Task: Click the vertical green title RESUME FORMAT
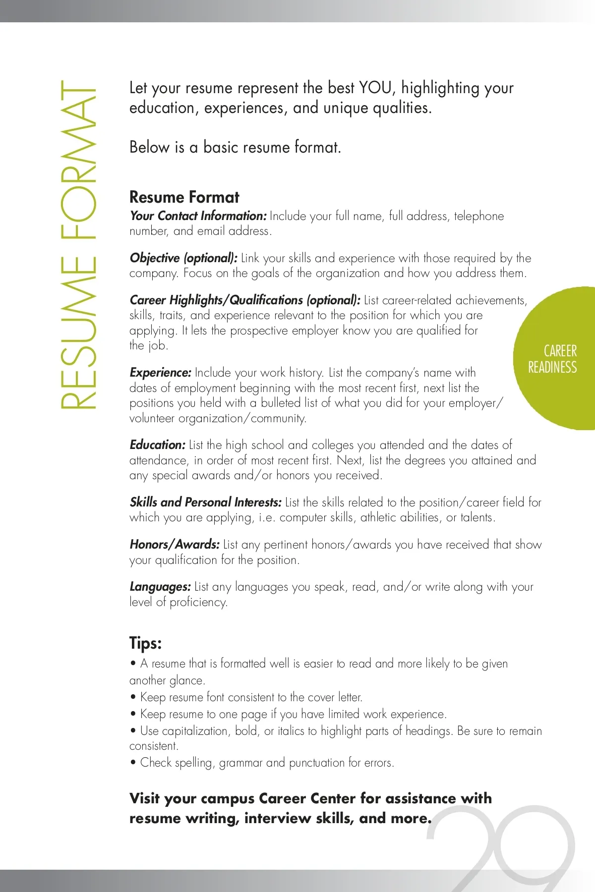click(x=78, y=245)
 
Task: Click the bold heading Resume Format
click(x=184, y=197)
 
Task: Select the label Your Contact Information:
click(x=198, y=216)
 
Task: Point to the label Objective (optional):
click(x=183, y=258)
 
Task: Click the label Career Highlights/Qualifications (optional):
click(x=245, y=300)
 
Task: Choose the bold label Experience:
click(x=160, y=373)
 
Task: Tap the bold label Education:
click(x=157, y=445)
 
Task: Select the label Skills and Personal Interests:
click(x=205, y=502)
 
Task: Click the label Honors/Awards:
click(x=175, y=545)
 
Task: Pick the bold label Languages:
click(x=160, y=587)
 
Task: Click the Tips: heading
click(x=145, y=643)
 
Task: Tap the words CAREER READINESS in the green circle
click(x=553, y=359)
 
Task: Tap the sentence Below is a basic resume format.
click(x=235, y=148)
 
